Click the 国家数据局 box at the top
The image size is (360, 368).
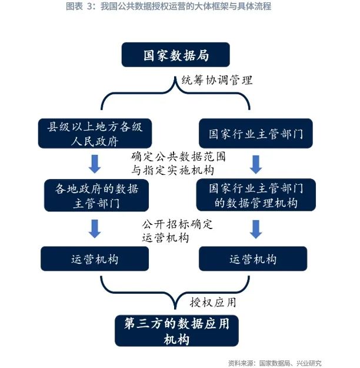point(175,55)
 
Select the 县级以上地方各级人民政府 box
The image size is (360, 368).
point(95,133)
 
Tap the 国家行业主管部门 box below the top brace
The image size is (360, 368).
point(256,133)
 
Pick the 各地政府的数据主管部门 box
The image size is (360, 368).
point(96,195)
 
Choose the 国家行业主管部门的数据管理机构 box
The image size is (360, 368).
point(256,195)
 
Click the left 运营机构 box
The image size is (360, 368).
point(95,258)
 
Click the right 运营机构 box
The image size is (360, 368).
point(253,258)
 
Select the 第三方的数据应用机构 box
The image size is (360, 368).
point(176,331)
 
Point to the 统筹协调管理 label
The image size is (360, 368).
point(217,80)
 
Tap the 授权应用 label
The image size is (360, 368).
point(213,302)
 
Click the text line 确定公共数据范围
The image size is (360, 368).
point(178,157)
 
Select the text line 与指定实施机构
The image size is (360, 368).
point(172,170)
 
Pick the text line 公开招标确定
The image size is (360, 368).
point(177,224)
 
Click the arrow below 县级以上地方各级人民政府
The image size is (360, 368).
point(95,164)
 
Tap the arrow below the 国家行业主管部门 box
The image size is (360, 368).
point(256,164)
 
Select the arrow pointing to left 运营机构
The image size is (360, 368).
point(95,229)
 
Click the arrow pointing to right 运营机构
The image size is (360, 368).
point(256,229)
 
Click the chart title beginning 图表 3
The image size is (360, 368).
point(168,6)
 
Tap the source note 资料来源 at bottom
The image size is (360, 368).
point(275,363)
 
